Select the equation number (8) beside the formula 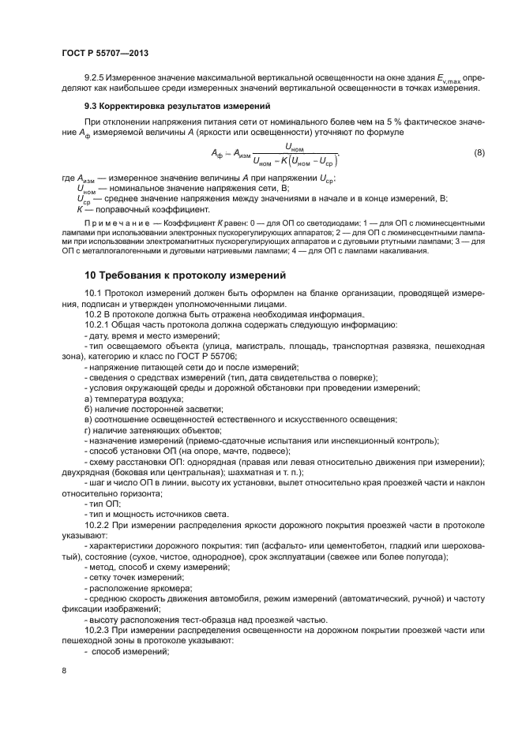[479, 152]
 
